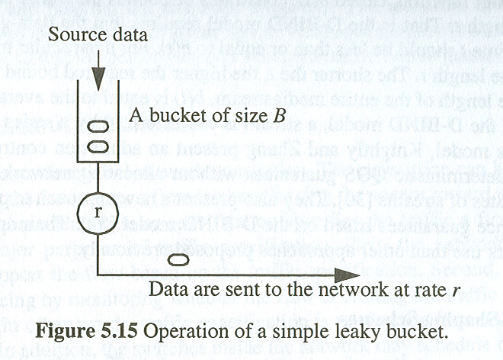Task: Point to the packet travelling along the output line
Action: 177,261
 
